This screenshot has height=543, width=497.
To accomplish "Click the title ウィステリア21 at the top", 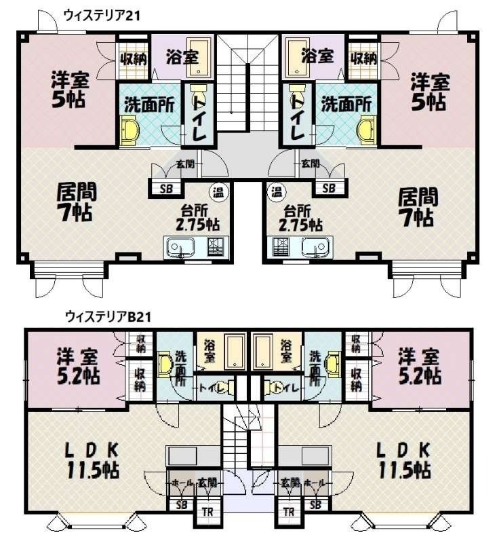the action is [102, 16].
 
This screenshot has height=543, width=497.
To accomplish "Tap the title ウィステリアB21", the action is [108, 316].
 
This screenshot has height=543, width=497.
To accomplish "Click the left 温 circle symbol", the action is [218, 191].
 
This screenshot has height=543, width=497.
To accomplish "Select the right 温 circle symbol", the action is [277, 191].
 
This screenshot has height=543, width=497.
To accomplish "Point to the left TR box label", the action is [207, 512].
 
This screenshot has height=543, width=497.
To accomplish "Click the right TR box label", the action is [288, 512].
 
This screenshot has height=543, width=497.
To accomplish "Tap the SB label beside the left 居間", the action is [166, 189].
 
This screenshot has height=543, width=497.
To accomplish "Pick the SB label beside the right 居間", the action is [329, 189].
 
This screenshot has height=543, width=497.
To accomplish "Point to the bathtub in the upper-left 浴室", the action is [199, 57].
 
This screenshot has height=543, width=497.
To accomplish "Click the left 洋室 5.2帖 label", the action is [79, 367].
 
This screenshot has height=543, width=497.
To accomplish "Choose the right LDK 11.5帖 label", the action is [404, 461].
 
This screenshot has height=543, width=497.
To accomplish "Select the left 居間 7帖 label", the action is [76, 202].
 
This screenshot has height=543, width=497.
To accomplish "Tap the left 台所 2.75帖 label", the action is [197, 218].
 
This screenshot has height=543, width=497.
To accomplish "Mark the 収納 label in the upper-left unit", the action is [134, 59].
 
